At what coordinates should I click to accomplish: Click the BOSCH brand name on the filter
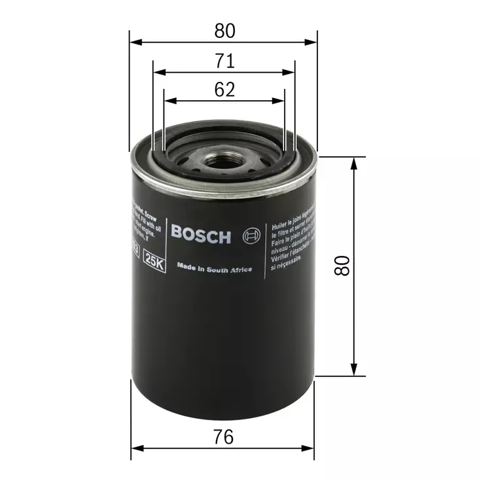[x=201, y=234]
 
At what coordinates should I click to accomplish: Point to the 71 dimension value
[x=224, y=62]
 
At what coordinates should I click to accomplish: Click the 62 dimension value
[x=224, y=90]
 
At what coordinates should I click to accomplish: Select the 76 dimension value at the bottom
[x=224, y=436]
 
